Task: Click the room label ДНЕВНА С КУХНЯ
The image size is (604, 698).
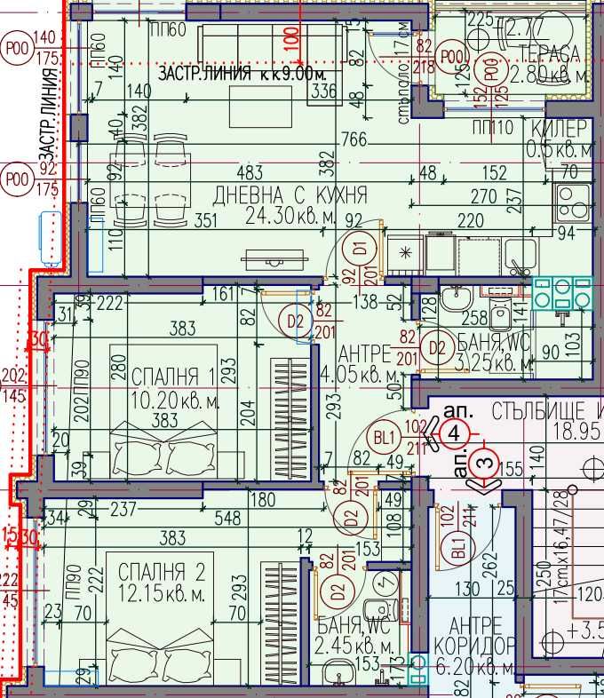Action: pyautogui.click(x=278, y=194)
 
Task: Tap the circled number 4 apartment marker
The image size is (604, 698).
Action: pyautogui.click(x=453, y=434)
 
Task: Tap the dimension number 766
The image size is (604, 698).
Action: pyautogui.click(x=354, y=139)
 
